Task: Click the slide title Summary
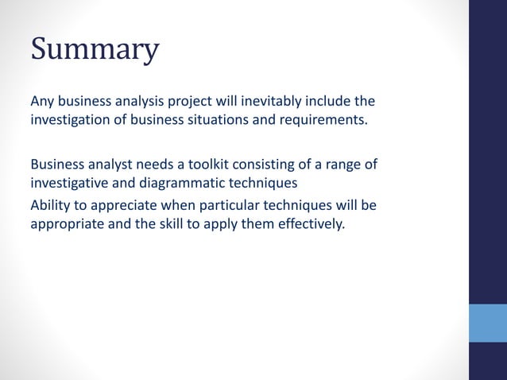tap(95, 49)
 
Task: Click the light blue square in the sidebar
tap(487, 322)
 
